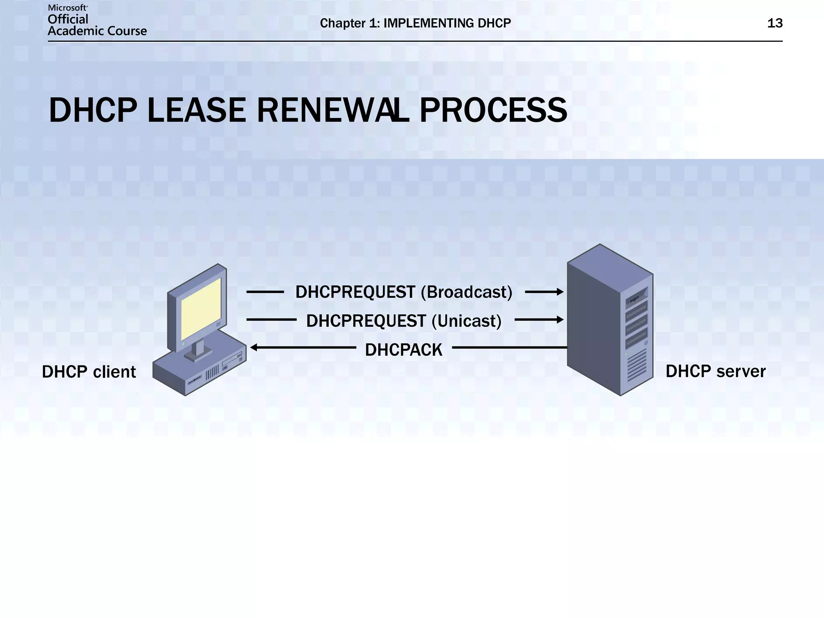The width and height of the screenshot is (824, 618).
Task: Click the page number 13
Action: (x=775, y=23)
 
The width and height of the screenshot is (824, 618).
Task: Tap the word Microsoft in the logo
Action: (x=67, y=8)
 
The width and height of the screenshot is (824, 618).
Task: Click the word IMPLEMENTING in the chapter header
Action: (x=428, y=23)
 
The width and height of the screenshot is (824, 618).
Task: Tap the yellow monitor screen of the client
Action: (x=201, y=309)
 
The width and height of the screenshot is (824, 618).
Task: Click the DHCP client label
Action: (x=89, y=372)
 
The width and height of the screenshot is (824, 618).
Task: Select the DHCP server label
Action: (x=715, y=371)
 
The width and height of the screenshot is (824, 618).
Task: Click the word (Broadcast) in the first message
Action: (x=467, y=292)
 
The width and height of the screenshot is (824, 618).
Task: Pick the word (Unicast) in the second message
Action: (x=467, y=321)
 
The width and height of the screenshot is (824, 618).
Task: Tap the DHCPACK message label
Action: (x=404, y=350)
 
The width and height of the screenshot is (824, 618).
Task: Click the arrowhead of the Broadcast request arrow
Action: (x=560, y=292)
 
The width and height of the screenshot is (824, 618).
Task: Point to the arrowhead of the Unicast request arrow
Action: (x=560, y=320)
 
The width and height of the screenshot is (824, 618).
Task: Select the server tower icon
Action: (x=610, y=320)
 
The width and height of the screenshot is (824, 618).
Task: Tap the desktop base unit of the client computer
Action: (x=199, y=372)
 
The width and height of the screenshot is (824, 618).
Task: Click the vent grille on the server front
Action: (x=637, y=365)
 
